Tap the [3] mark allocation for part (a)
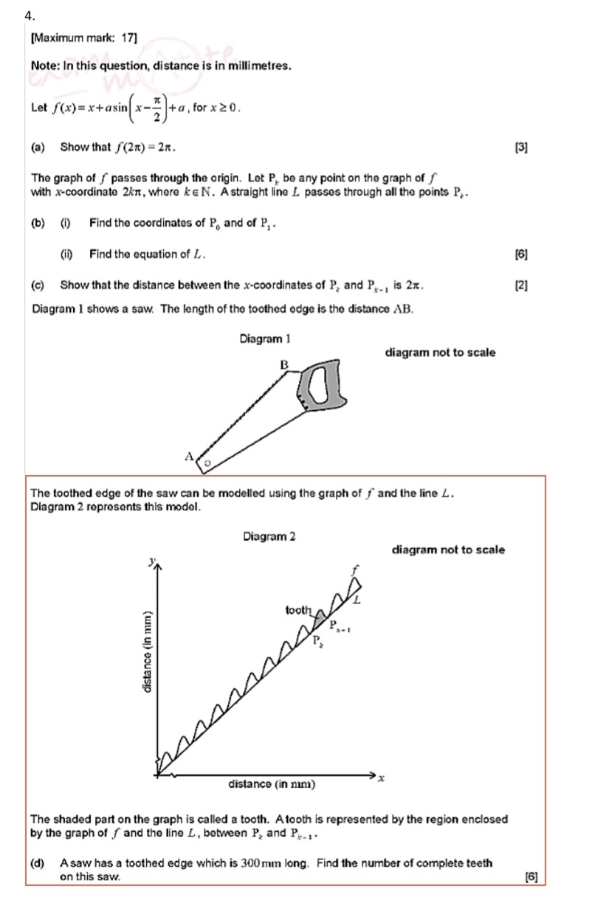point(521,147)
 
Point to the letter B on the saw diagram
point(283,364)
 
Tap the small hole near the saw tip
point(207,463)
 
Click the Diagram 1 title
point(265,339)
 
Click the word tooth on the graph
point(299,610)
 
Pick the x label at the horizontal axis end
point(382,778)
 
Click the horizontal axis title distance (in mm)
point(272,784)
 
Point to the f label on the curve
point(354,569)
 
